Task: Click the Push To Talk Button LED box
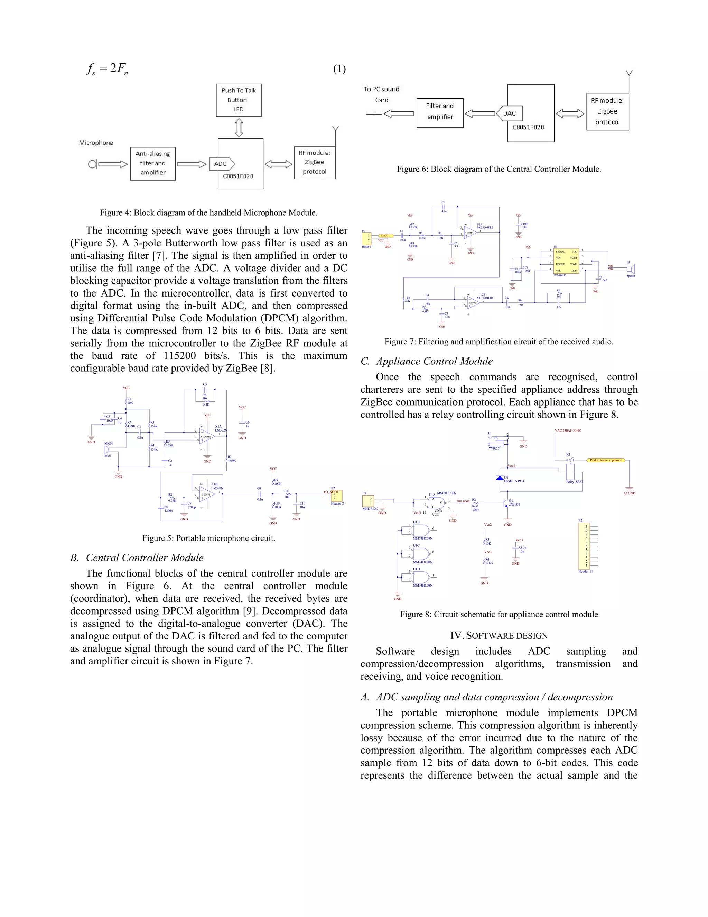239,100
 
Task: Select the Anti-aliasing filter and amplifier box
153,163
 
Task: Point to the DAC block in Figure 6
509,113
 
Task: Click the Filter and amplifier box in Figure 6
440,112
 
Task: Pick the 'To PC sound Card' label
381,94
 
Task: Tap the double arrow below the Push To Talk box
239,128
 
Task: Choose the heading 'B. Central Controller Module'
137,557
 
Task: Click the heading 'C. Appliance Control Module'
427,361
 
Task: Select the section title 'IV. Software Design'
499,636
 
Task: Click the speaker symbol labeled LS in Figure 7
631,269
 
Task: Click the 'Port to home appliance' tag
606,460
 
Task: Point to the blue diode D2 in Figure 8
500,478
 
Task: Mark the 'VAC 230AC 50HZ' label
568,431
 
